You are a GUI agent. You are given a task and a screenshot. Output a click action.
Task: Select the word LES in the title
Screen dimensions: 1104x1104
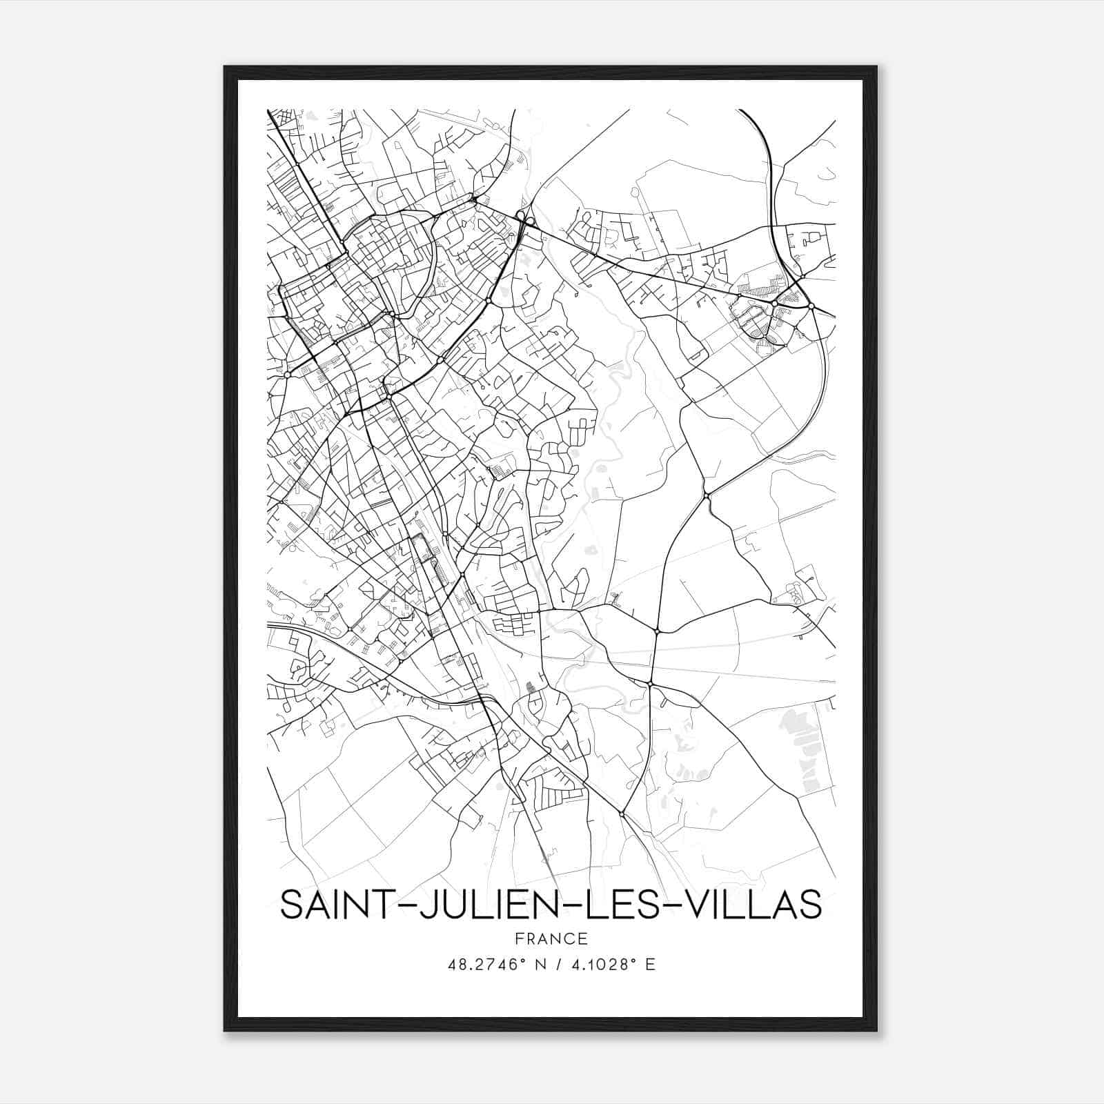tap(617, 905)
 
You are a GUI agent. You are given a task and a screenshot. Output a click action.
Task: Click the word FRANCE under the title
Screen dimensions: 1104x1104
tap(551, 938)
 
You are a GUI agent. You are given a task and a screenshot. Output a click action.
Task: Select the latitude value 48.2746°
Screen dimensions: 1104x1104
tap(483, 965)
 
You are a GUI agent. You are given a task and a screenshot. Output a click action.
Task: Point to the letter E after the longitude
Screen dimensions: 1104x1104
tap(649, 965)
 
